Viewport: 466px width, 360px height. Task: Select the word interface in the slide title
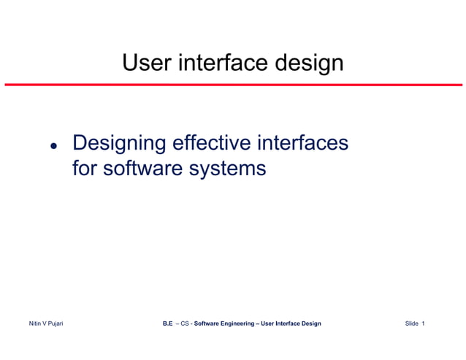pos(218,63)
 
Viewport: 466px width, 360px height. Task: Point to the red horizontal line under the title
pos(233,85)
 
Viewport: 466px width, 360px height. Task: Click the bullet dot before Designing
pos(53,145)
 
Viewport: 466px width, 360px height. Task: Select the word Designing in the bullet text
pos(118,142)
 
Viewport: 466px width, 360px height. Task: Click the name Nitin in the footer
pos(35,323)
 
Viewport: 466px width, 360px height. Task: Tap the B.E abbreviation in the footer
pos(167,323)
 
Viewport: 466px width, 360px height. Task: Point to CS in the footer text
pos(186,323)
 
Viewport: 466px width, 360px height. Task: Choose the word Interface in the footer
pos(288,323)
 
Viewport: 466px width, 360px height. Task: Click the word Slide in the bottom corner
pos(412,323)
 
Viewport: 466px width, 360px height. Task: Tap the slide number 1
pos(424,323)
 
